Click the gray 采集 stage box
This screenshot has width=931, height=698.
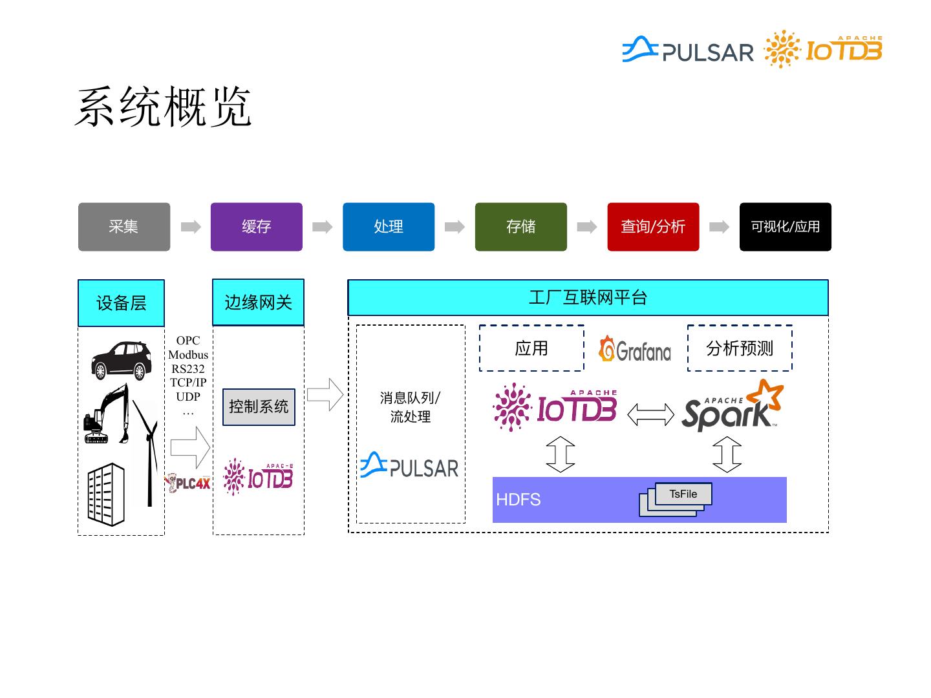[x=124, y=227]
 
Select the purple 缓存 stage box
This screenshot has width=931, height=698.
[x=256, y=227]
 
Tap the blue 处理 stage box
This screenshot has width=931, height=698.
[x=389, y=227]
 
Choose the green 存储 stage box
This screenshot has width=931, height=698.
[x=520, y=227]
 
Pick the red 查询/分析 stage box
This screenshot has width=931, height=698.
[x=653, y=227]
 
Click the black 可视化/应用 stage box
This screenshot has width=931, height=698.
[x=785, y=227]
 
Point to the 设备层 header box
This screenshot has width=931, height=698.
[x=121, y=303]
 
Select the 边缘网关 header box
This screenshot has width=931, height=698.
[x=258, y=302]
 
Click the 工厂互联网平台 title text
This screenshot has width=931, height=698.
[x=588, y=298]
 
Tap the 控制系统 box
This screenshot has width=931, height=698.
[x=259, y=407]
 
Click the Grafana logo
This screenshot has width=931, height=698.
[x=635, y=350]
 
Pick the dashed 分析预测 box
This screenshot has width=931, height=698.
[x=740, y=348]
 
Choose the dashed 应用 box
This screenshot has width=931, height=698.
[x=531, y=348]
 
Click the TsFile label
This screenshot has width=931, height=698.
[x=683, y=494]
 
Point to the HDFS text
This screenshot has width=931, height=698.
[x=518, y=500]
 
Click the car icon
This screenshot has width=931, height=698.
[x=121, y=360]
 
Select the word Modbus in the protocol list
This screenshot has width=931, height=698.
[x=188, y=355]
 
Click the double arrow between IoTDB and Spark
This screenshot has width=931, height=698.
[x=650, y=414]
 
